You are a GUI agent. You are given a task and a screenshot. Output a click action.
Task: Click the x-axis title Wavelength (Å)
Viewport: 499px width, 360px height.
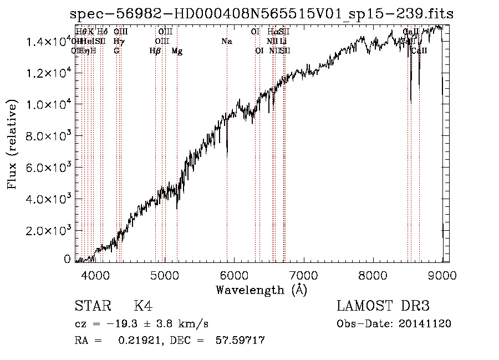[x=261, y=290]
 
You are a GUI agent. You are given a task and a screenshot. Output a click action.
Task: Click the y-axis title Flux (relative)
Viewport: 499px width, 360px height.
[x=12, y=144]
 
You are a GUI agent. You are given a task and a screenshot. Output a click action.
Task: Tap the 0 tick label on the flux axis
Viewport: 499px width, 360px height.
[x=67, y=259]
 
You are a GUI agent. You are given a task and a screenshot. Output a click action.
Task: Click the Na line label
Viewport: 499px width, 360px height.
[x=226, y=42]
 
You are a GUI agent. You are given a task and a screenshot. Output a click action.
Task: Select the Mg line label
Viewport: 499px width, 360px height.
[x=177, y=51]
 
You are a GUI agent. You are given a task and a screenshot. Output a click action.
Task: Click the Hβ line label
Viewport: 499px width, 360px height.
[x=155, y=51]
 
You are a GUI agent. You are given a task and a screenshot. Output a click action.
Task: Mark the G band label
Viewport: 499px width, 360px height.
[x=116, y=51]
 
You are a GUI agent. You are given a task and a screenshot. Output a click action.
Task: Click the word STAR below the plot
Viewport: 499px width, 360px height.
[x=91, y=306]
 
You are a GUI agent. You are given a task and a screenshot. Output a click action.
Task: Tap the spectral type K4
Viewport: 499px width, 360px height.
[x=143, y=306]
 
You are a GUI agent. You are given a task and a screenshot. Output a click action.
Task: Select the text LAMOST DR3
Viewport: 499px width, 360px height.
[x=383, y=306]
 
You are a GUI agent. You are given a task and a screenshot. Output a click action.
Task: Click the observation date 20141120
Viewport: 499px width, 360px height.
[x=425, y=324]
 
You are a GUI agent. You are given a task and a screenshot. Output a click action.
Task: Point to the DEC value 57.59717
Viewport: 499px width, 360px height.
[x=240, y=340]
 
